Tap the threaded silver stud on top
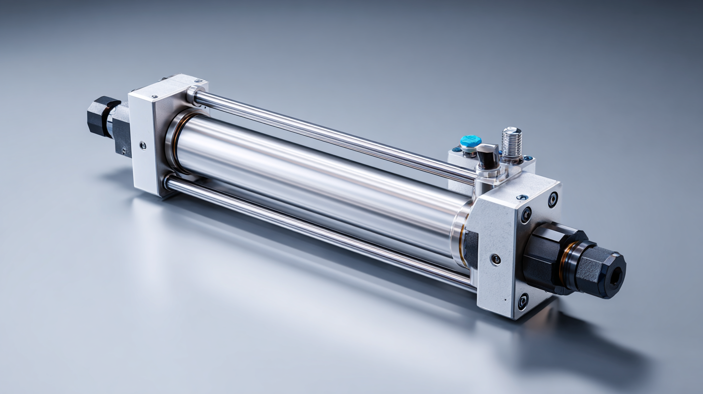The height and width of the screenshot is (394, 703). (512, 142)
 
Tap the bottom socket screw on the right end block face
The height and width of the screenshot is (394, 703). (522, 302)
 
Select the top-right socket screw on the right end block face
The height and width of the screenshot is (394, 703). (553, 199)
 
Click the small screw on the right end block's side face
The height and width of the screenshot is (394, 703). (496, 259)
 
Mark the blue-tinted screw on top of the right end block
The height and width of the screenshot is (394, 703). (521, 197)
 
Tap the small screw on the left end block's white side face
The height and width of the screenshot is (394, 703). (142, 144)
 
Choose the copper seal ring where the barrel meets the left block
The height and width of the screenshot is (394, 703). (175, 140)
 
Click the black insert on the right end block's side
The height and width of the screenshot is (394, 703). (471, 249)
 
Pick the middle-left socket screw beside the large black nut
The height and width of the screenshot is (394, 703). (526, 215)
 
